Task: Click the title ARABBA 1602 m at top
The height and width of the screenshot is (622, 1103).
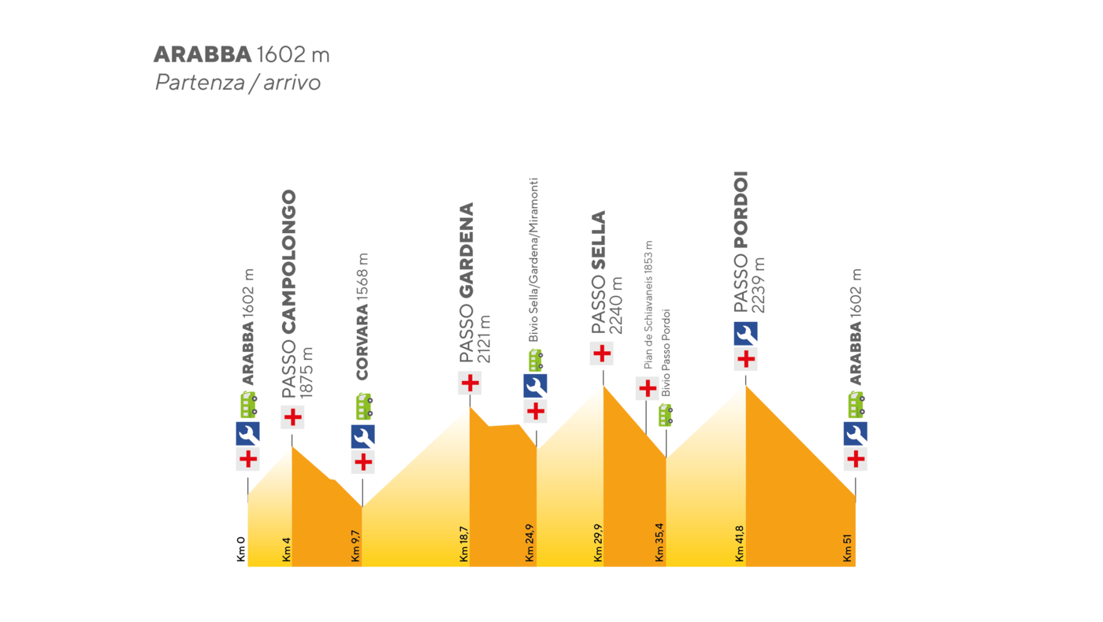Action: [x=241, y=55]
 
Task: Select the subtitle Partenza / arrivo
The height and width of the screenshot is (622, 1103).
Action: [x=237, y=83]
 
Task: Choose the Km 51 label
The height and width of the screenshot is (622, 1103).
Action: [x=848, y=549]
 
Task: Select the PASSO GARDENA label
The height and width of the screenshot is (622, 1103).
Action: [x=467, y=283]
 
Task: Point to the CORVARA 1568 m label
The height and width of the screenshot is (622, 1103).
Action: [x=362, y=317]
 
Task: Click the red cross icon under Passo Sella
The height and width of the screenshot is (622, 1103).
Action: [x=602, y=354]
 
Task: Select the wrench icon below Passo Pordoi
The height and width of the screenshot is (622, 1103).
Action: [x=745, y=334]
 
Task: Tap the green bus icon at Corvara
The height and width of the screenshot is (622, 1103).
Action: [x=363, y=406]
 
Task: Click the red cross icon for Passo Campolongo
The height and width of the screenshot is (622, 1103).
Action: [x=292, y=417]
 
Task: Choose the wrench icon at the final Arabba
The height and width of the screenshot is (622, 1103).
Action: [x=856, y=434]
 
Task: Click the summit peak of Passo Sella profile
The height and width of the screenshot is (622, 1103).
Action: [x=603, y=385]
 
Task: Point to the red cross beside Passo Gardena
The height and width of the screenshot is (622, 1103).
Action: [x=470, y=383]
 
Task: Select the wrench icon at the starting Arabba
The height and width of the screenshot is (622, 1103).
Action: [x=247, y=434]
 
